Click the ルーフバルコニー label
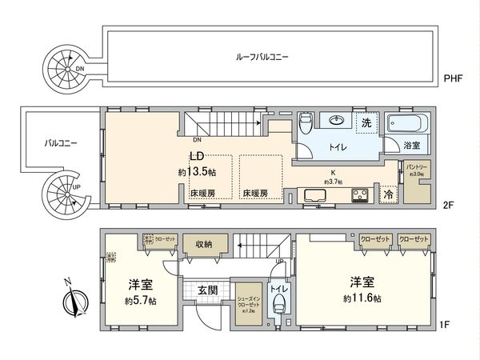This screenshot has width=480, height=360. [262, 58]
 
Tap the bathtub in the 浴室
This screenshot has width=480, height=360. [409, 125]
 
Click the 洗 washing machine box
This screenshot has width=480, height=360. [366, 123]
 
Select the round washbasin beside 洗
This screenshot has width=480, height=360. [335, 121]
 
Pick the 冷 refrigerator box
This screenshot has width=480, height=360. [389, 194]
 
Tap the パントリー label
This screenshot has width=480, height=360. [418, 168]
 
